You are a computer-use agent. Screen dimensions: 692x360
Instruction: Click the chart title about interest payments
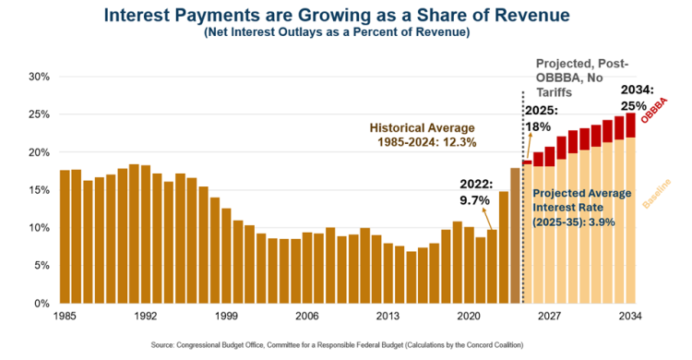click(337, 15)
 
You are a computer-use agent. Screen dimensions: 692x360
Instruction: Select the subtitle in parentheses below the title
click(337, 32)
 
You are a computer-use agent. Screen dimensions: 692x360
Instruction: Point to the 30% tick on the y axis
click(40, 77)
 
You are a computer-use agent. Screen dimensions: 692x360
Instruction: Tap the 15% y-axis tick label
click(40, 190)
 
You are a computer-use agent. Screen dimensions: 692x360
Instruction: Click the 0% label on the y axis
click(42, 304)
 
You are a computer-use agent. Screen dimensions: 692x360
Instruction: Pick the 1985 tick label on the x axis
click(65, 317)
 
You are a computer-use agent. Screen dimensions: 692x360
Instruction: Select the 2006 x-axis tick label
click(307, 317)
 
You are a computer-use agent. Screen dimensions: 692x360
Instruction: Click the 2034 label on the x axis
click(630, 317)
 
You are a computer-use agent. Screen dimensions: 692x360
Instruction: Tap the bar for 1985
click(65, 236)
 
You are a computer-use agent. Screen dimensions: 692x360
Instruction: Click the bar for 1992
click(146, 234)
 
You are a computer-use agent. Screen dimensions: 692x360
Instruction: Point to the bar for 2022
click(492, 267)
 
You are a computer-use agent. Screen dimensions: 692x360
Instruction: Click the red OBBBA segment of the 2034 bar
click(630, 126)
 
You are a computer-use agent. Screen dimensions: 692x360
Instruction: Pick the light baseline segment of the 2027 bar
click(550, 235)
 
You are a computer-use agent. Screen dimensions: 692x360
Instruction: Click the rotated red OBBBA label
click(654, 110)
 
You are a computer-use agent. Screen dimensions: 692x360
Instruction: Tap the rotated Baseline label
click(656, 194)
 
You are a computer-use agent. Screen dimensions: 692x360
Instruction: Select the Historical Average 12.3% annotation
click(423, 135)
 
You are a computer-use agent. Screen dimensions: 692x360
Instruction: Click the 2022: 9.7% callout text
click(476, 192)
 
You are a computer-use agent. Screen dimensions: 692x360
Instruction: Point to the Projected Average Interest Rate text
click(581, 208)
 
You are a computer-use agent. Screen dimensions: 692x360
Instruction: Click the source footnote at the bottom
click(337, 345)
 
